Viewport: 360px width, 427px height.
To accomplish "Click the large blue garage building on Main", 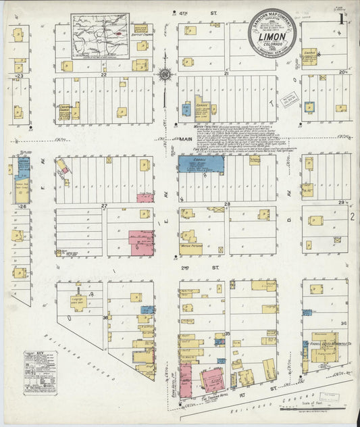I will (202, 164).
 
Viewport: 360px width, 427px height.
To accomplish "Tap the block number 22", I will (104, 75).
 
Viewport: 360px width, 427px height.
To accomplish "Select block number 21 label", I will (227, 72).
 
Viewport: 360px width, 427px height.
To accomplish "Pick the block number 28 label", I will (228, 204).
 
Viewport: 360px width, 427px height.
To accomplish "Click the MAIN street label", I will (186, 139).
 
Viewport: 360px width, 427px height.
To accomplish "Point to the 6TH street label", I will (181, 12).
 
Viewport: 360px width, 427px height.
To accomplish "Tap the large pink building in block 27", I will (141, 243).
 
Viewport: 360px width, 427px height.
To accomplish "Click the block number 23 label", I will (20, 77).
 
